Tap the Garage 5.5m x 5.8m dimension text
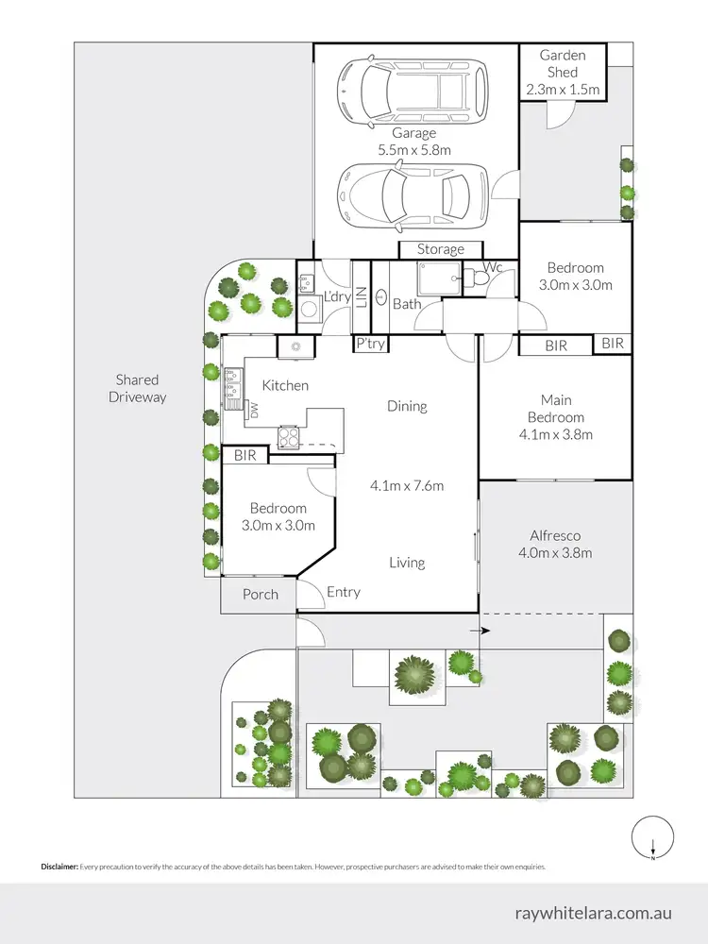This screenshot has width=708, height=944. (414, 150)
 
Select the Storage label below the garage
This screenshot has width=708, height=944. (441, 249)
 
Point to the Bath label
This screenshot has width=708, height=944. (407, 304)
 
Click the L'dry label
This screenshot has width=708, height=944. (337, 297)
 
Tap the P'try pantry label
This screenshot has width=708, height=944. (370, 345)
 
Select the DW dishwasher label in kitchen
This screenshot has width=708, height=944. (253, 410)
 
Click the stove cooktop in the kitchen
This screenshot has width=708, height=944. (288, 437)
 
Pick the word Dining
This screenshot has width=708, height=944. (407, 406)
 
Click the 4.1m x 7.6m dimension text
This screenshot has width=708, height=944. (407, 486)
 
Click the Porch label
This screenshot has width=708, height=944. (261, 594)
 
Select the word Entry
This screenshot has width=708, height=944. (344, 592)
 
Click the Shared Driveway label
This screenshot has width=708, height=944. (138, 388)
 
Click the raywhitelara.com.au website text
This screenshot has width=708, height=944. (594, 914)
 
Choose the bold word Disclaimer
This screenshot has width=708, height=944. (59, 866)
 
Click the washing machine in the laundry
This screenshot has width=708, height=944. (308, 307)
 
